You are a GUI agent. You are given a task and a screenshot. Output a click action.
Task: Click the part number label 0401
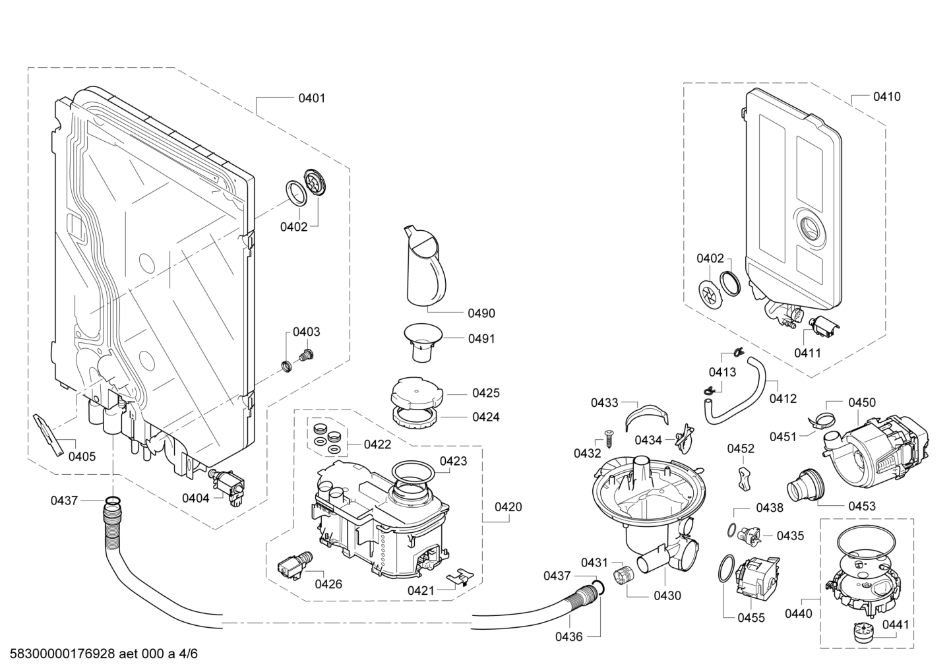click(x=312, y=98)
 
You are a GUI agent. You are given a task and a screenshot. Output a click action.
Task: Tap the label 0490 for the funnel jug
click(x=481, y=313)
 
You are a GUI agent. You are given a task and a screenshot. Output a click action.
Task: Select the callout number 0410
click(x=886, y=97)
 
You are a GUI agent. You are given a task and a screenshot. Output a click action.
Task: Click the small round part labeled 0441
click(x=862, y=632)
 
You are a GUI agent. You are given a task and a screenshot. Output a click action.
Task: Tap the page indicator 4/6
click(x=189, y=654)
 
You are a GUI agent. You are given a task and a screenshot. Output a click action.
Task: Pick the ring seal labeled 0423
click(x=412, y=473)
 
